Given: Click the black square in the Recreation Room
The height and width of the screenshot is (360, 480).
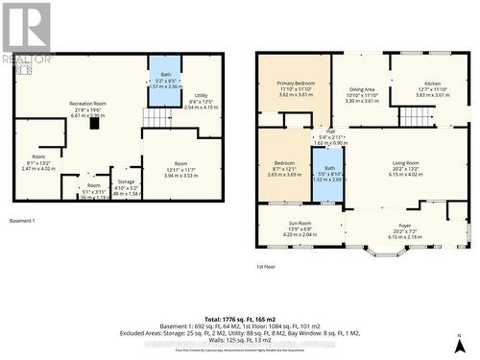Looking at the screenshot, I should click(94, 122).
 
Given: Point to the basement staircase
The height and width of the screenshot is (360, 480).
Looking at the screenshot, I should click(156, 117).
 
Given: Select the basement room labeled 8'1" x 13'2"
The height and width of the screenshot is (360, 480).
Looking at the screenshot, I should click(38, 162).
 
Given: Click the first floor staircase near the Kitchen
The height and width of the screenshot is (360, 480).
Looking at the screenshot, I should click(417, 115).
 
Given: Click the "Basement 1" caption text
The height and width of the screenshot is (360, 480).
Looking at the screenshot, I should click(22, 222).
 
